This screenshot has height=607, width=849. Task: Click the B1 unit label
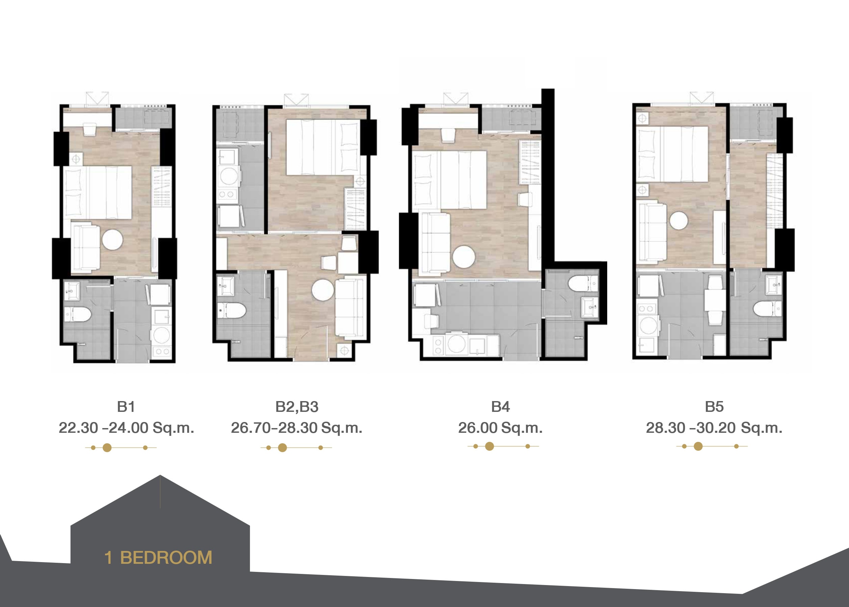pyautogui.click(x=126, y=407)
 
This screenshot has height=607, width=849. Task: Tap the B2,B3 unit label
pyautogui.click(x=297, y=407)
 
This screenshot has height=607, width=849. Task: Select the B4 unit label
pyautogui.click(x=500, y=407)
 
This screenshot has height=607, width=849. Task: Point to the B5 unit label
pyautogui.click(x=714, y=407)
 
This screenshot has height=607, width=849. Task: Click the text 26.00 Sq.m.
pyautogui.click(x=500, y=428)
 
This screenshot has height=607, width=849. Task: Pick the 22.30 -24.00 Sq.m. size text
pyautogui.click(x=126, y=428)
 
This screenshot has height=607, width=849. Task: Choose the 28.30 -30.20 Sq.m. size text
pyautogui.click(x=714, y=428)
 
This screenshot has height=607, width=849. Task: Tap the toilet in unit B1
pyautogui.click(x=78, y=314)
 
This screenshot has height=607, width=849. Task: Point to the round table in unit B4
pyautogui.click(x=464, y=257)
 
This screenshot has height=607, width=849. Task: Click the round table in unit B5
pyautogui.click(x=678, y=220)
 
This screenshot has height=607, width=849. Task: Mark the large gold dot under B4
pyautogui.click(x=489, y=446)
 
